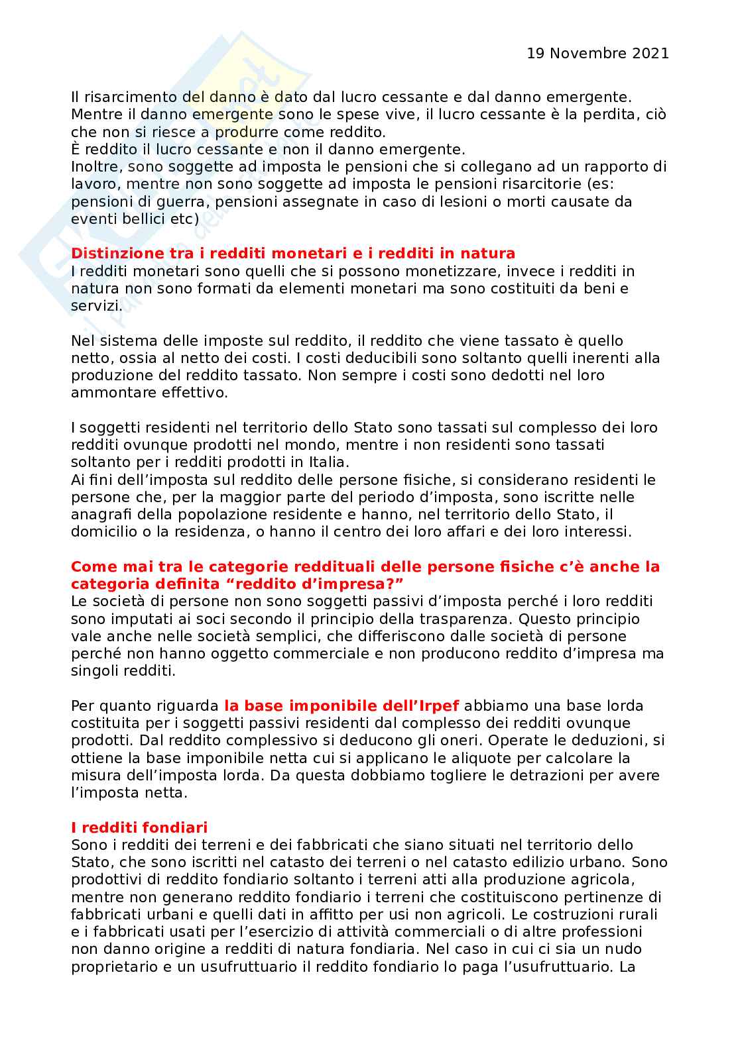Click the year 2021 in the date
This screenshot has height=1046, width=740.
pos(650,53)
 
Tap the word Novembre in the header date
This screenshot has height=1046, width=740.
pos(586,53)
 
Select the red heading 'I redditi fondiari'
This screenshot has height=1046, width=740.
pos(139,827)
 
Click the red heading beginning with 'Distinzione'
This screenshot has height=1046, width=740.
pos(293,254)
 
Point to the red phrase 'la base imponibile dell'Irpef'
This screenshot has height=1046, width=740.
pos(341,706)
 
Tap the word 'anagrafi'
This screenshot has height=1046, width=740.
pos(99,514)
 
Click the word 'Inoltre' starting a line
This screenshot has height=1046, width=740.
pos(94,166)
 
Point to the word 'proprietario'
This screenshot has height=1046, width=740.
pos(111,966)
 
